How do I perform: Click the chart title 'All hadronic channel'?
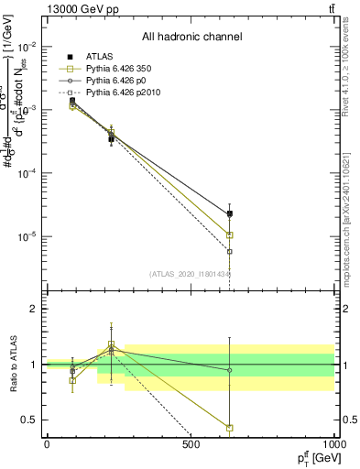coord(191,38)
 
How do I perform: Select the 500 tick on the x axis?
coord(191,445)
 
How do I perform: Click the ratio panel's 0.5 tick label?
coord(32,420)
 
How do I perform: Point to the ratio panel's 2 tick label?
coord(36,309)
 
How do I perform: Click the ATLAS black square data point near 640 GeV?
coord(230,213)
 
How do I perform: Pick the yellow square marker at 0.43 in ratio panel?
coord(230,428)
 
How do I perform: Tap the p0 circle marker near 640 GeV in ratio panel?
coord(230,370)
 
